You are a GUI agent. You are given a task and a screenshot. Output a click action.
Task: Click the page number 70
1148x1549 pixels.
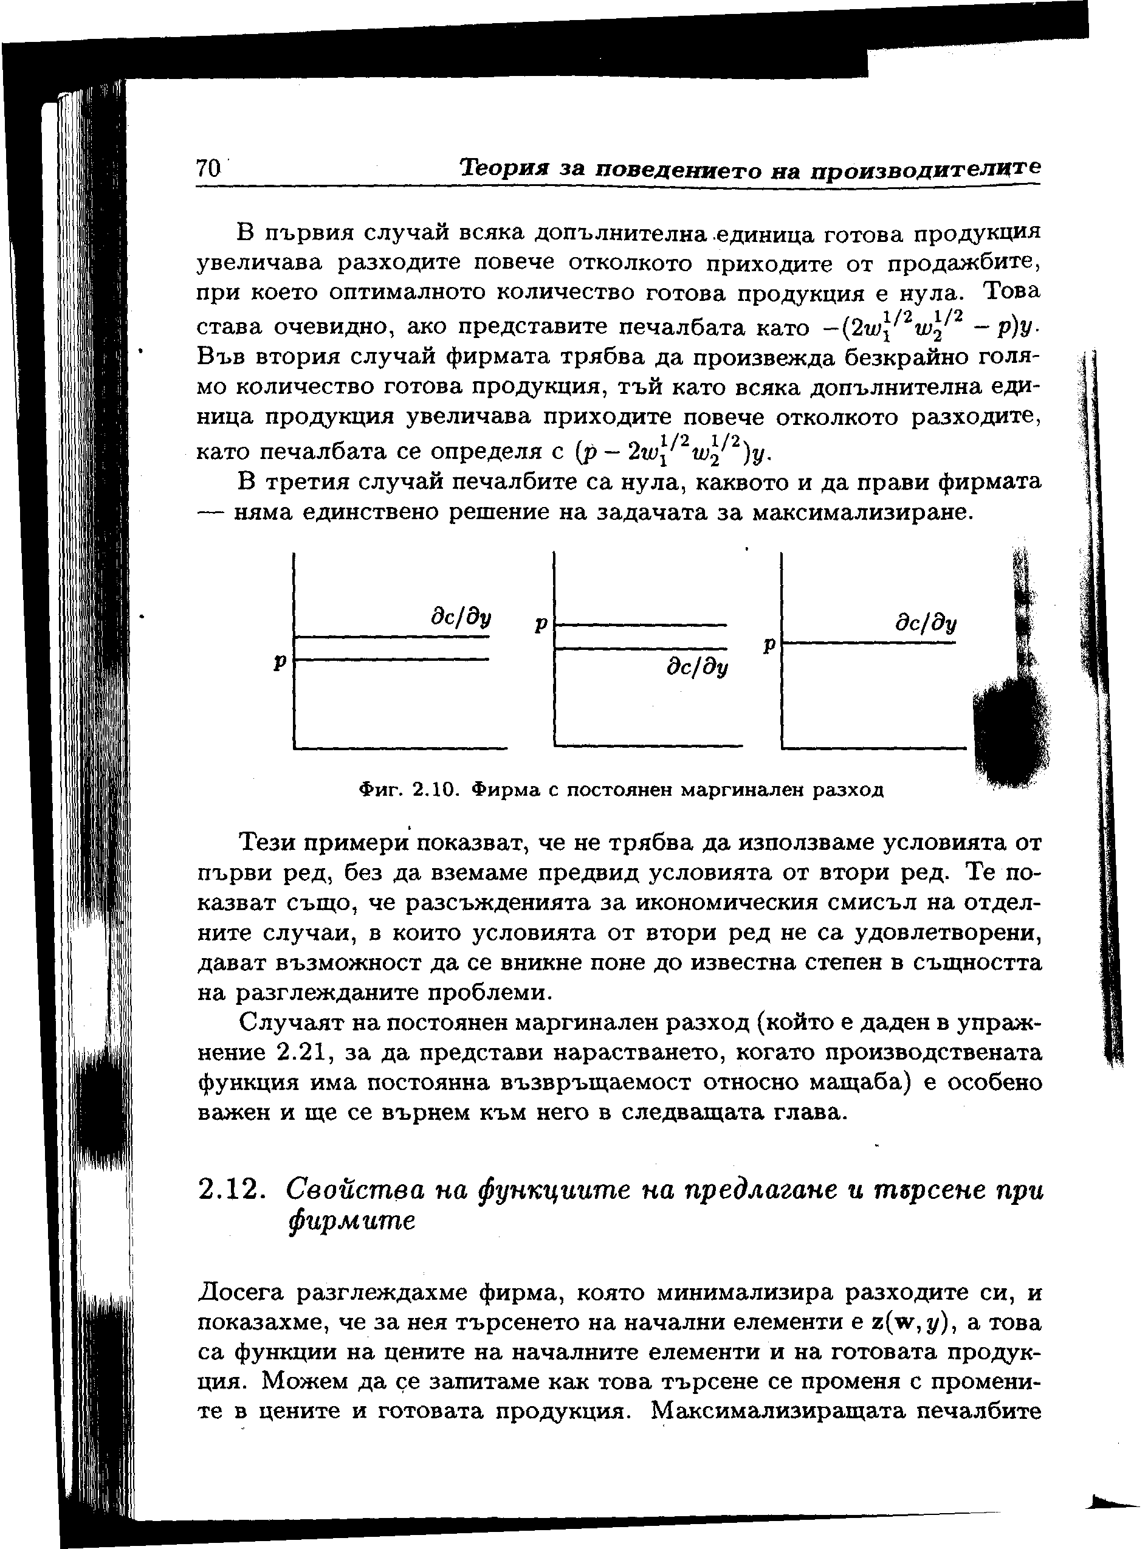pyautogui.click(x=208, y=169)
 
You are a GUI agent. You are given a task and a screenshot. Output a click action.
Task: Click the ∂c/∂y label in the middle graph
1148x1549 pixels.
pyautogui.click(x=697, y=668)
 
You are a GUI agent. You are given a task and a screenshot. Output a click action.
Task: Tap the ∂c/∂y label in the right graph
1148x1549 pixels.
pyautogui.click(x=926, y=624)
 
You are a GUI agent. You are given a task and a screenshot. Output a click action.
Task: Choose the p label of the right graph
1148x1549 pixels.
pyautogui.click(x=769, y=645)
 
